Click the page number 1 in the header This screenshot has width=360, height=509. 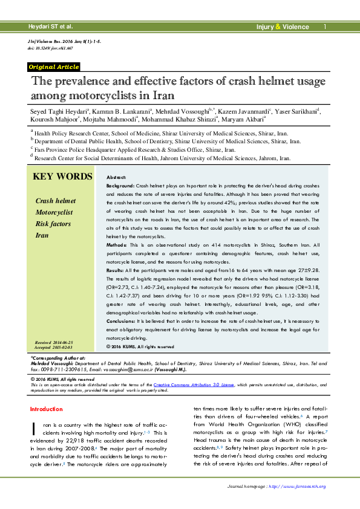point(324,27)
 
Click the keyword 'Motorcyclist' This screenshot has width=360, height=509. point(54,213)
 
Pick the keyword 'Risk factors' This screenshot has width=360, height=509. point(53,224)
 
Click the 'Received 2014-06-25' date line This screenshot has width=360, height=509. point(61,342)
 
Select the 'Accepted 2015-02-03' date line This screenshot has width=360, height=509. point(61,348)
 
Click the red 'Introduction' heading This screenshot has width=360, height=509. point(46,409)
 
